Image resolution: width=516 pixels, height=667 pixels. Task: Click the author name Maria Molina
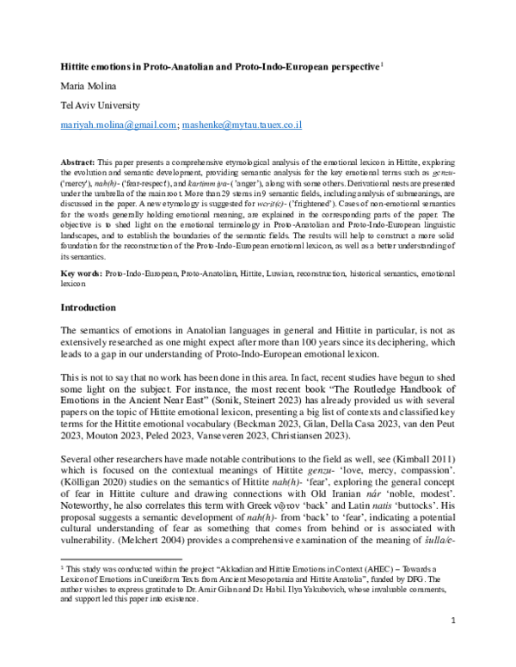coord(89,84)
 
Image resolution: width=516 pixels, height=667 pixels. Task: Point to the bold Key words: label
coord(81,272)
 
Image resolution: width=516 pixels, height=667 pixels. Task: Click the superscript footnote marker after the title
coord(381,63)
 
